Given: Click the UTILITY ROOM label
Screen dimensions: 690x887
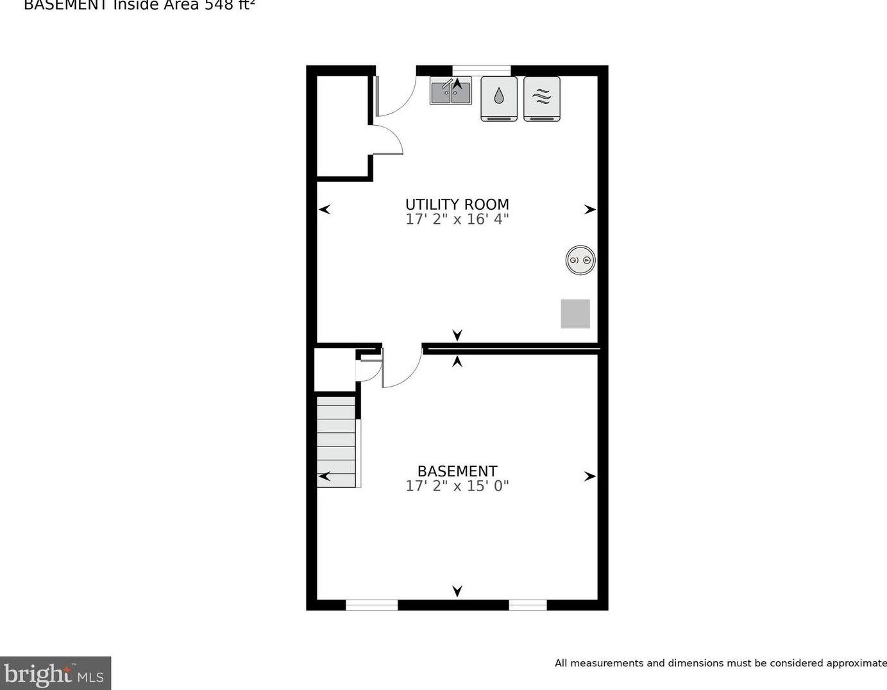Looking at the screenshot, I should (457, 205).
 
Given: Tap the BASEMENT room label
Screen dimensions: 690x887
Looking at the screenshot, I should (457, 471).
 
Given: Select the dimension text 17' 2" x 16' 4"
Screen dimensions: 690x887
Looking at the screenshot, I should (457, 219).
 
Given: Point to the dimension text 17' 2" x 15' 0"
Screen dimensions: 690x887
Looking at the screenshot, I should (457, 486).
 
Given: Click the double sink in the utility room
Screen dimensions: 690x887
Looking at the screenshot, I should (450, 91).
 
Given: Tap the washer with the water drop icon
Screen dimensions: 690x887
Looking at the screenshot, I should (499, 98).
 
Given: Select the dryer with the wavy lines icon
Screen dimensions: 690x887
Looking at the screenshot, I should (542, 98).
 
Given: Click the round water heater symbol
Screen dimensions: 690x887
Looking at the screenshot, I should (580, 260).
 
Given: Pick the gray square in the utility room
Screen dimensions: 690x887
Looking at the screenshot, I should (575, 314).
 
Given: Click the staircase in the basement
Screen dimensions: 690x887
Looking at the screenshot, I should (336, 441).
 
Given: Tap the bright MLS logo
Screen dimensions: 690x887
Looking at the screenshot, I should (55, 673).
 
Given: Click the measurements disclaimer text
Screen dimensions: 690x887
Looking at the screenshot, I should (720, 663).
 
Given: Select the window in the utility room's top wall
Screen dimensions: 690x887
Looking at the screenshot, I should (481, 70).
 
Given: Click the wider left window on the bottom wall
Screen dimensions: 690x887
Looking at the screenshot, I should (371, 605).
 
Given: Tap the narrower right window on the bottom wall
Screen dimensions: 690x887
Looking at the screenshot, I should (528, 605).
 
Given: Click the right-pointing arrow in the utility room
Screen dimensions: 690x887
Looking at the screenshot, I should (589, 210).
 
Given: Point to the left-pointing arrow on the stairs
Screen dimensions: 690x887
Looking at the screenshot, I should (325, 476).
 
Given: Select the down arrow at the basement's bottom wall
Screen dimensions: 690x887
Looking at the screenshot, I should (457, 591).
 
